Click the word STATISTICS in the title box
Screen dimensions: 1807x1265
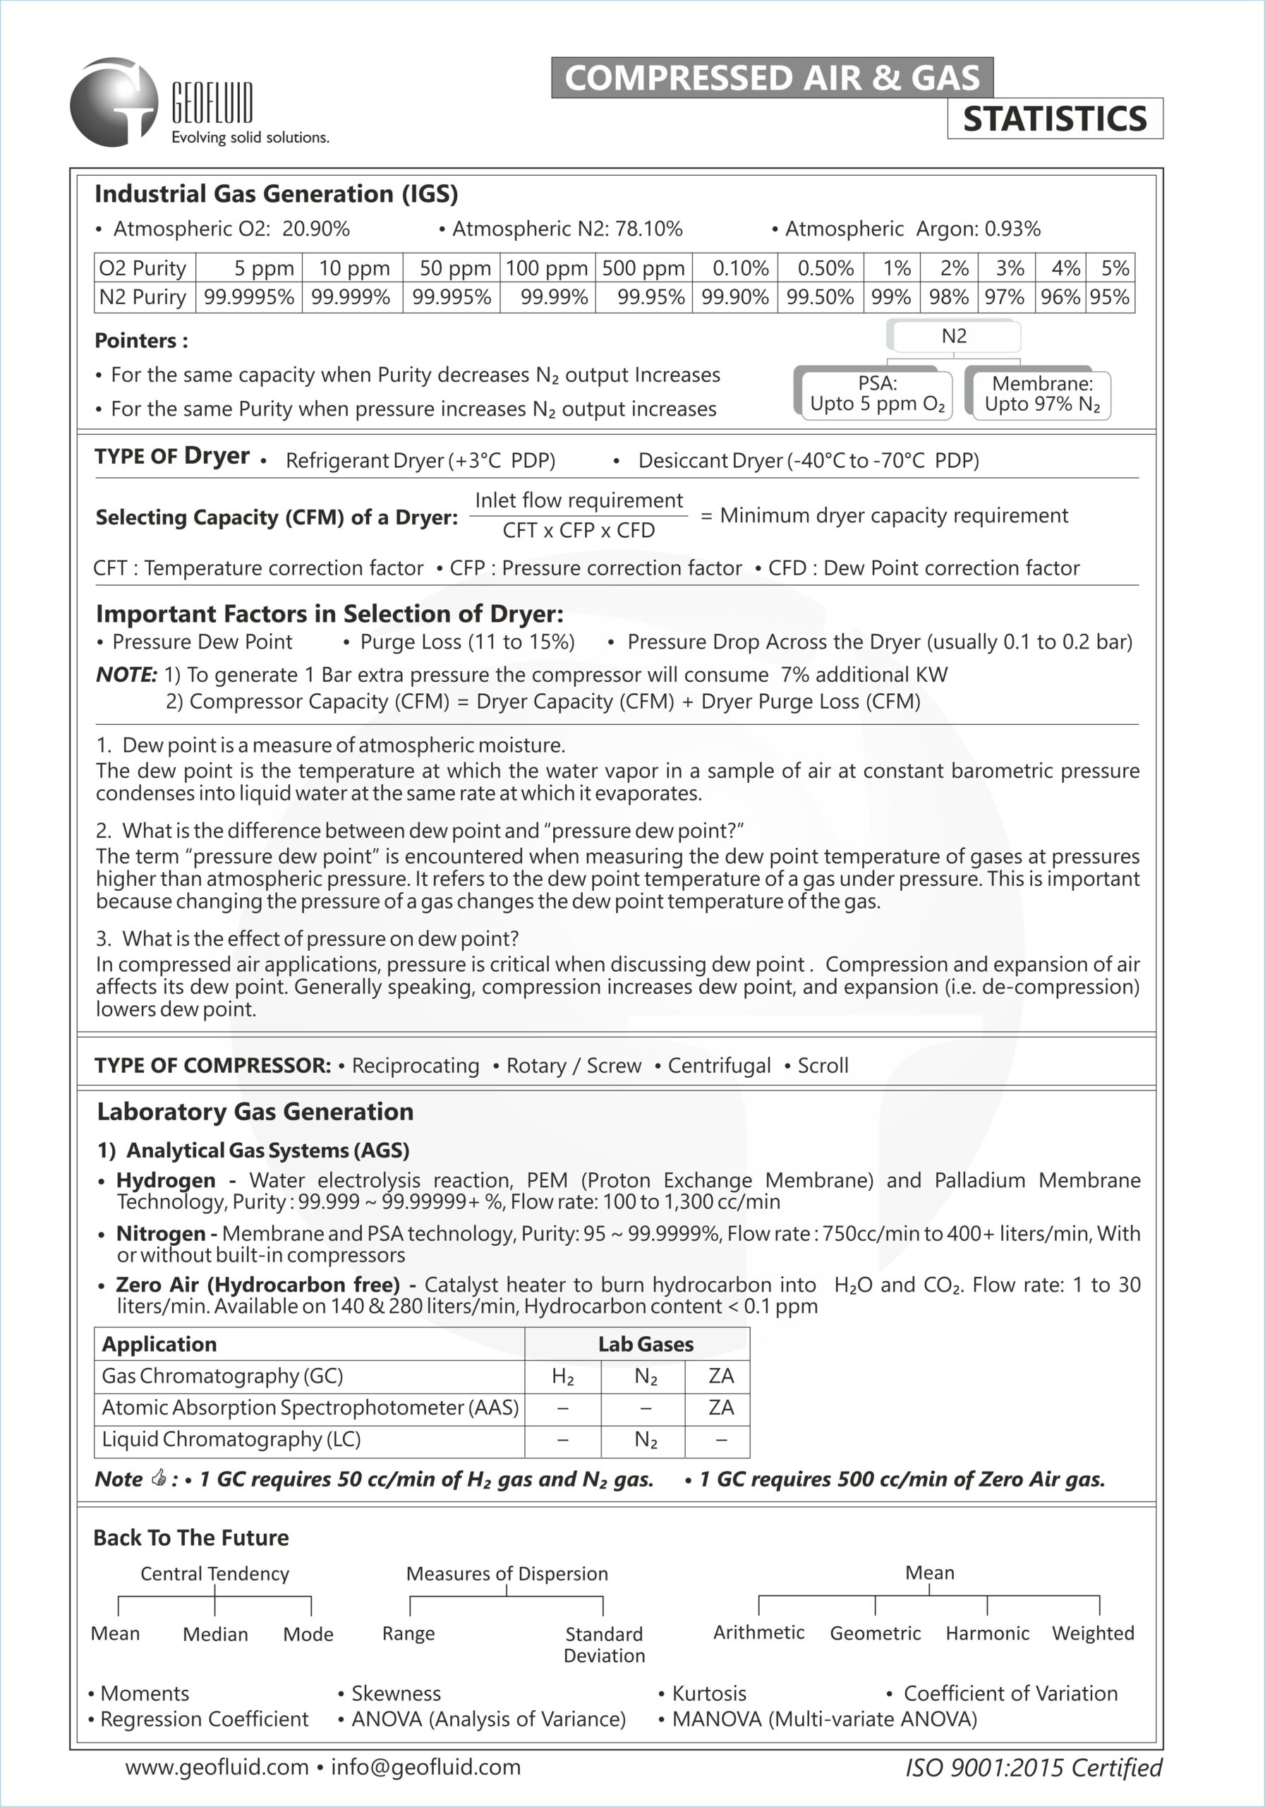[1054, 119]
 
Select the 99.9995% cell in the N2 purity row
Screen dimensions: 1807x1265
[248, 297]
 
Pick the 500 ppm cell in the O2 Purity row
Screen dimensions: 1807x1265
[643, 268]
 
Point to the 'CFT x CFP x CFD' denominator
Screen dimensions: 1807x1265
[579, 530]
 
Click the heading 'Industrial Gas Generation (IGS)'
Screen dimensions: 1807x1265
[276, 193]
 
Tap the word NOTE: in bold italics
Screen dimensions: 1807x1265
[126, 675]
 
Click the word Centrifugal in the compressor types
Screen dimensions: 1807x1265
[719, 1066]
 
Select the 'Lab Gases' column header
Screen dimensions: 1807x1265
[645, 1344]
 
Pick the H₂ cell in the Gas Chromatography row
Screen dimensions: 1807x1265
[562, 1376]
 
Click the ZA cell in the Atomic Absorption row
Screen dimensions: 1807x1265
[720, 1407]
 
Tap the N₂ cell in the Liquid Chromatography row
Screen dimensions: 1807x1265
[645, 1439]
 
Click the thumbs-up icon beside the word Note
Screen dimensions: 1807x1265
[159, 1478]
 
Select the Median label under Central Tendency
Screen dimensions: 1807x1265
[214, 1634]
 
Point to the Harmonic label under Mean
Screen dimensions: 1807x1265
[986, 1633]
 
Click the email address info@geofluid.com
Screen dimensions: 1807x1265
[425, 1767]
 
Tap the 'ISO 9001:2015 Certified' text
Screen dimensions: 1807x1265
[1033, 1767]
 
